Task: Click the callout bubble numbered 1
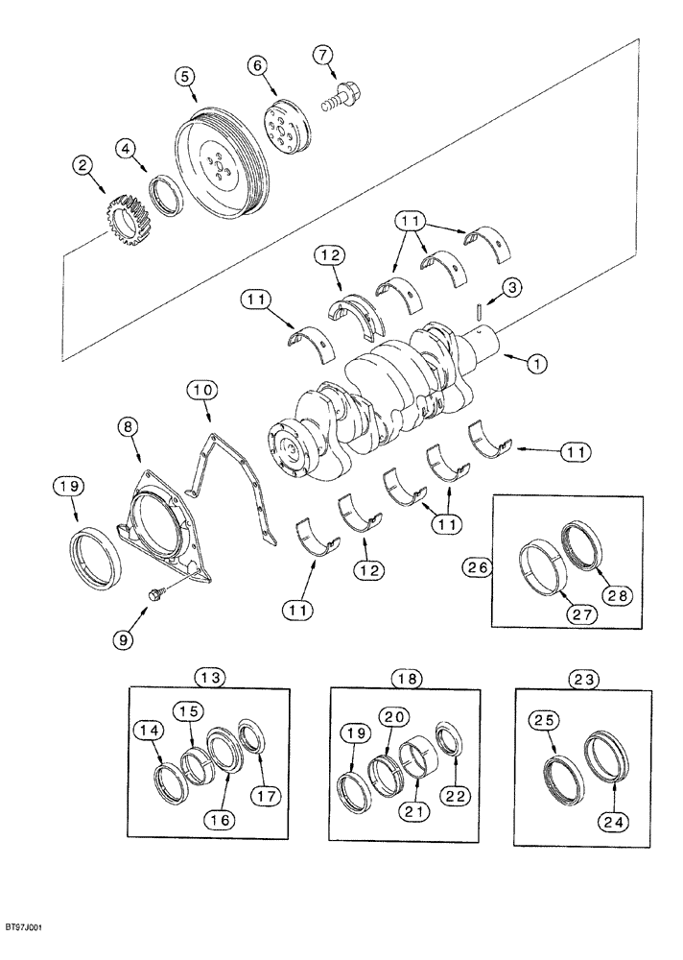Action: pyautogui.click(x=536, y=364)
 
